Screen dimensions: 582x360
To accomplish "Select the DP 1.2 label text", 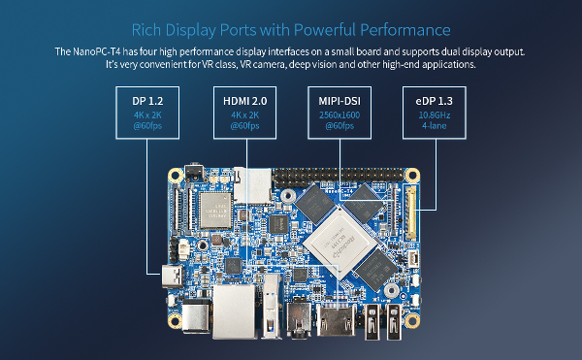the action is click(x=147, y=101).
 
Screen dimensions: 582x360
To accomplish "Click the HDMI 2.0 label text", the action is click(x=245, y=101).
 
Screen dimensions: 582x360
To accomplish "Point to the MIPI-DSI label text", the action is click(x=339, y=101).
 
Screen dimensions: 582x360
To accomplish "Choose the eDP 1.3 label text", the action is click(x=434, y=101).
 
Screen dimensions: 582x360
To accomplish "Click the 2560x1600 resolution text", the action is click(x=339, y=115).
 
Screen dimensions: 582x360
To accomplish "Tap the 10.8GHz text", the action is click(x=434, y=115).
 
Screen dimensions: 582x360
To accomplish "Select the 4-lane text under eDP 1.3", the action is click(x=434, y=126).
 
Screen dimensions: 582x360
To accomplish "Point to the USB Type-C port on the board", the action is click(x=173, y=277).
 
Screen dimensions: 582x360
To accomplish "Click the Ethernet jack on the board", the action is click(x=234, y=311).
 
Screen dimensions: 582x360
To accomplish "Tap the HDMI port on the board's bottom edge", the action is click(x=336, y=319).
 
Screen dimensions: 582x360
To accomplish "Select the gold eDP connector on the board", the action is click(x=410, y=213).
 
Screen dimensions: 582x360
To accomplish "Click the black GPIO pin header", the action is click(x=339, y=177).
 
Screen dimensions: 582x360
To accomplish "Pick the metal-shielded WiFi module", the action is click(x=215, y=211).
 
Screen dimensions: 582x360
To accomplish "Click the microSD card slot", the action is click(x=252, y=185).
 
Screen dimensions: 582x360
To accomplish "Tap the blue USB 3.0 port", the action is click(x=272, y=306).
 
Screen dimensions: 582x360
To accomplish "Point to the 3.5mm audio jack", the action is click(x=299, y=318).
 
